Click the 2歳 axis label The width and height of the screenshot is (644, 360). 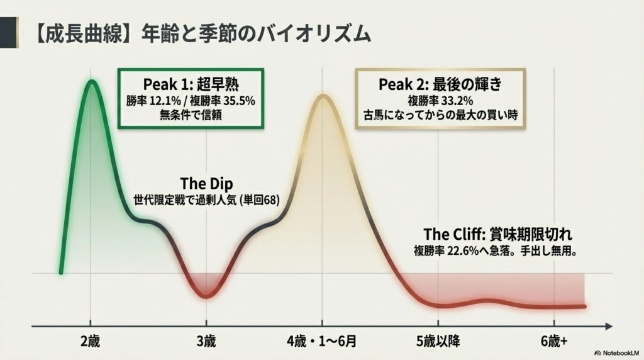(x=90, y=342)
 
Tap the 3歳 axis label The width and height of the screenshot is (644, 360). (x=206, y=342)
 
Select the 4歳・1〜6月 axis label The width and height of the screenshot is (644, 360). (x=322, y=342)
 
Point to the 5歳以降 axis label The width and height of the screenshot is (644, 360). (x=438, y=342)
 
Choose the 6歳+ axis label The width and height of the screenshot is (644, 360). (x=553, y=342)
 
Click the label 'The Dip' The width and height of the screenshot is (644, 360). (x=206, y=184)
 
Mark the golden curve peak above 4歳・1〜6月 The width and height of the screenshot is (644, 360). (x=323, y=96)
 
